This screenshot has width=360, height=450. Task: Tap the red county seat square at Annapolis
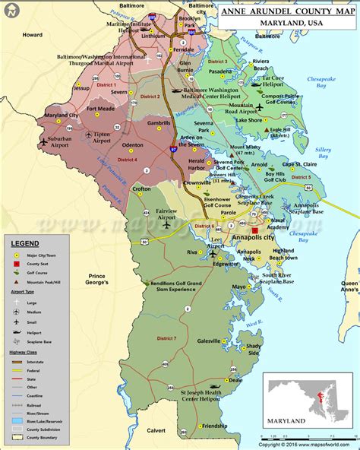pos(255,229)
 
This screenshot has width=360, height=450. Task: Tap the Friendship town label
pos(213,426)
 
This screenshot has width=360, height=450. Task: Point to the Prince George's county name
pos(97,278)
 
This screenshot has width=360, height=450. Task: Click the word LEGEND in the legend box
pos(27,242)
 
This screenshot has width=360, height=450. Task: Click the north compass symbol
pos(11,10)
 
